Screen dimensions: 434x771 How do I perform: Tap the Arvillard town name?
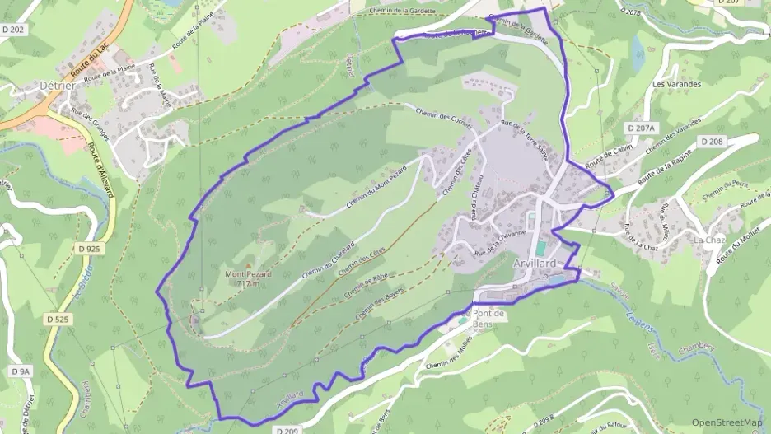point(535,263)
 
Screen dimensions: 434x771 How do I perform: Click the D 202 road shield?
point(12,30)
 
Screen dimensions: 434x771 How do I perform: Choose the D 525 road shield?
point(58,319)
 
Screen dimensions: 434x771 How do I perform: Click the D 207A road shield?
point(640,128)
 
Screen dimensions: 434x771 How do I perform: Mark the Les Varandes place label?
point(676,84)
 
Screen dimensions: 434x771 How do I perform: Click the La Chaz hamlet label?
point(708,240)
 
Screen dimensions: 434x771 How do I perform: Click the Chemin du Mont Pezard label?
point(376,185)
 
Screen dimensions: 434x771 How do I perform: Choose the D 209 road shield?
point(287,430)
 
